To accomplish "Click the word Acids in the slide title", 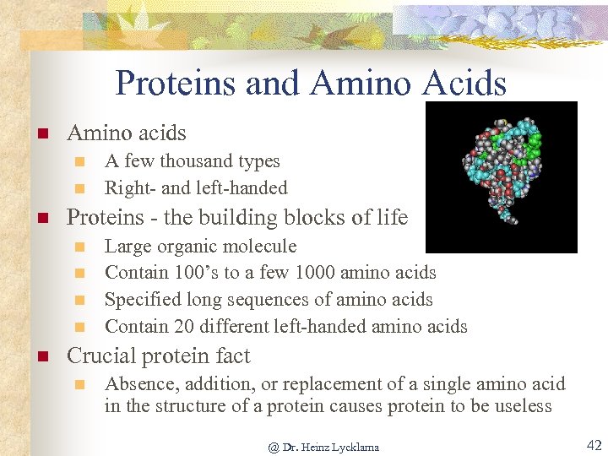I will click(x=465, y=84).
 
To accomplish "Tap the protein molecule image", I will click(x=501, y=177).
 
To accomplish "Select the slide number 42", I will click(x=594, y=445).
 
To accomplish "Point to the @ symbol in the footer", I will click(x=273, y=447).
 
